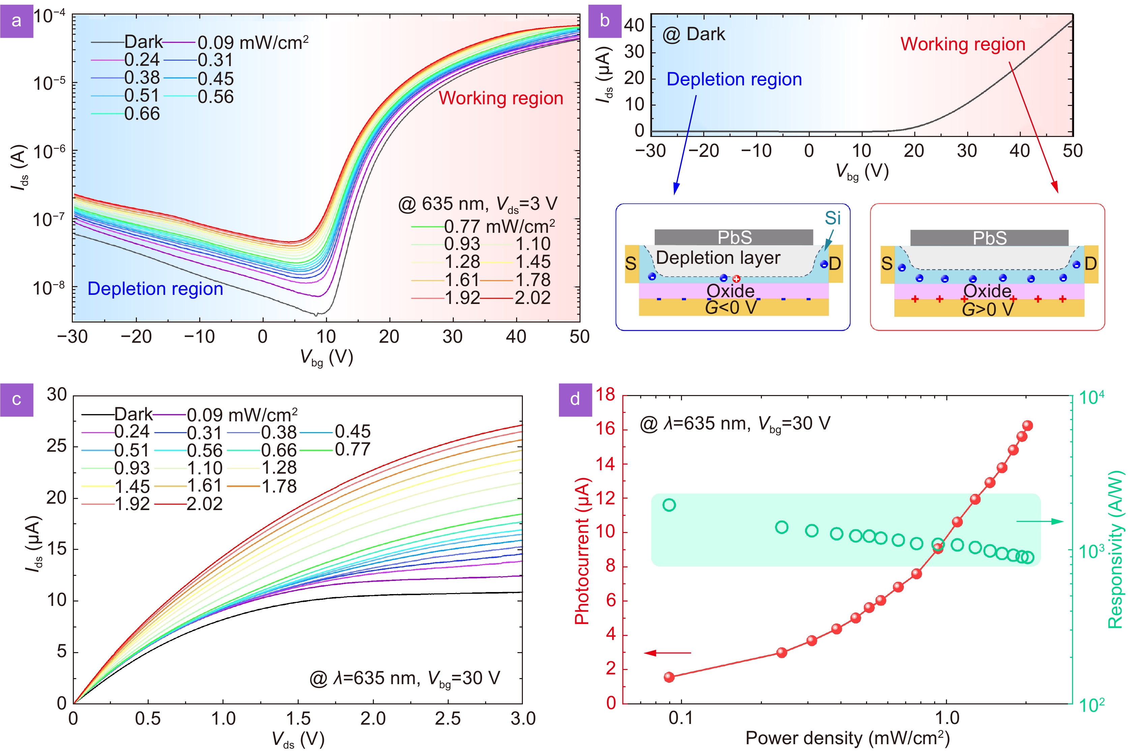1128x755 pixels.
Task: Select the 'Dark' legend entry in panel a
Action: pyautogui.click(x=143, y=42)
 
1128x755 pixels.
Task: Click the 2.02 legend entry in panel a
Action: pyautogui.click(x=532, y=298)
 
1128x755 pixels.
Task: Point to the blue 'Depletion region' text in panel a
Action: pyautogui.click(x=155, y=288)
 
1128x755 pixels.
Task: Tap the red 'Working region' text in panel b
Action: pyautogui.click(x=962, y=44)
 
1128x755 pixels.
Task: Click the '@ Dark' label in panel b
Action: pyautogui.click(x=694, y=34)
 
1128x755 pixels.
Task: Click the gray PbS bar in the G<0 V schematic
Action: pyautogui.click(x=734, y=237)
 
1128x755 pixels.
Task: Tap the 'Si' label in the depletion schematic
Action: pyautogui.click(x=833, y=218)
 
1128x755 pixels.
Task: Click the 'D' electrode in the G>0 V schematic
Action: pyautogui.click(x=1091, y=264)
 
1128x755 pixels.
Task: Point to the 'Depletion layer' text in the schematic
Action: pyautogui.click(x=718, y=258)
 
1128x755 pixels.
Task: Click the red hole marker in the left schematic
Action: pyautogui.click(x=736, y=279)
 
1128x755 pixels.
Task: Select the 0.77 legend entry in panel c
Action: pyautogui.click(x=352, y=449)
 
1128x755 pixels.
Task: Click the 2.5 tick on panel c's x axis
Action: pyautogui.click(x=447, y=719)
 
